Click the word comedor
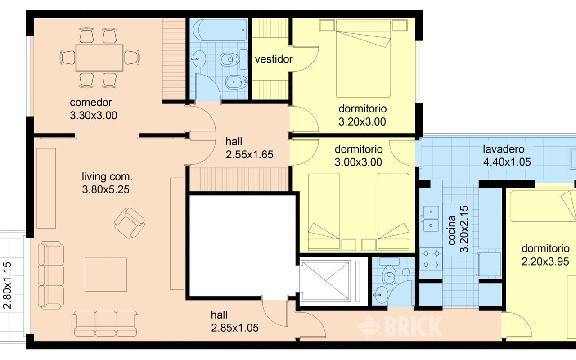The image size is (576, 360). (91, 103)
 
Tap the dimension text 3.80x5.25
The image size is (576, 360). (106, 190)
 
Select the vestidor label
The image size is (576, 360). (274, 59)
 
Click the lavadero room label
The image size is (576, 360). (504, 149)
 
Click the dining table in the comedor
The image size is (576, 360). (99, 58)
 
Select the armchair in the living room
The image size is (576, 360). (129, 223)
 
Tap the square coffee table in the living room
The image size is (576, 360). (106, 274)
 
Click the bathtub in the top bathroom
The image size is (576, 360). (220, 30)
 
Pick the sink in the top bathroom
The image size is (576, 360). (198, 59)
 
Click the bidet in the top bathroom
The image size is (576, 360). (236, 82)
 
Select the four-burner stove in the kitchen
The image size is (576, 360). (431, 259)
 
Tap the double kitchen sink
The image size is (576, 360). (431, 219)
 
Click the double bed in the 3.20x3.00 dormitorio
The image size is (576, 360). (363, 59)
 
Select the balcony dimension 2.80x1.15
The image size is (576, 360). (8, 285)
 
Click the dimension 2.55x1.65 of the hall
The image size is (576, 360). (249, 155)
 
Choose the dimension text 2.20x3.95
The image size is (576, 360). (545, 262)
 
